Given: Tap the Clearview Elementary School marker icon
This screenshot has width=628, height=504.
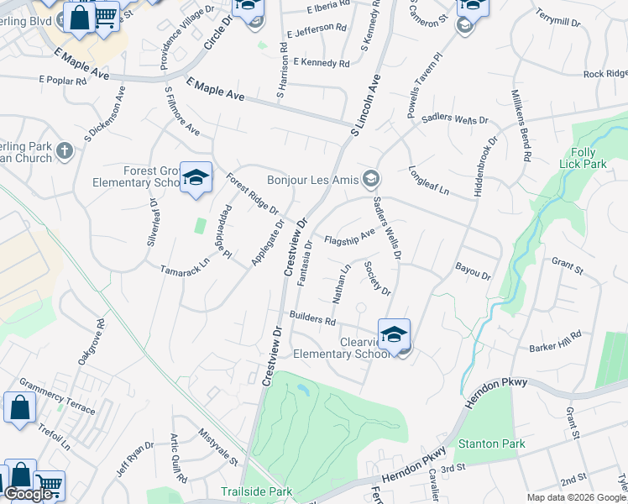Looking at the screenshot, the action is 394,334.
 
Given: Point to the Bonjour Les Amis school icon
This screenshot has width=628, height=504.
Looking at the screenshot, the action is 370,179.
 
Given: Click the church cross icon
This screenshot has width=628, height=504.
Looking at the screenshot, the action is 65,152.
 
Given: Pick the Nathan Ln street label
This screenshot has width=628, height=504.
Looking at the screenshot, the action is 341,284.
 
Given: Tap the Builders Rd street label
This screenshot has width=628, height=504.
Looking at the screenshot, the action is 312,318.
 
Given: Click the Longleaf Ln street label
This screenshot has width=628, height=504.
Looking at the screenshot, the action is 429,179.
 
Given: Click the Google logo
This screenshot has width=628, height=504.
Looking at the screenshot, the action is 29,495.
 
